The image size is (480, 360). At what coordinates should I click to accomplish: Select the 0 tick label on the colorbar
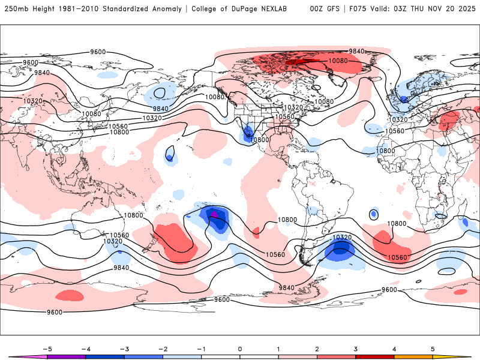point(239,348)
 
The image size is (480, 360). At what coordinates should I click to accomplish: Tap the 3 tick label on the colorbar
point(355,348)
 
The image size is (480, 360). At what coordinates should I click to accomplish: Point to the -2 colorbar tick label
point(163,348)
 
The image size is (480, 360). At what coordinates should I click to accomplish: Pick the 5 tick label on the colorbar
point(432,348)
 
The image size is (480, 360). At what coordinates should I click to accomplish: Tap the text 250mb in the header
point(15,9)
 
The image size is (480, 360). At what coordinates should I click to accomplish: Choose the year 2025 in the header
point(465,9)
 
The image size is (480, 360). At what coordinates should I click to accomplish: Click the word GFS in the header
point(332,9)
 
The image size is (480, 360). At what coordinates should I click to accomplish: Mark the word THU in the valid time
point(414,9)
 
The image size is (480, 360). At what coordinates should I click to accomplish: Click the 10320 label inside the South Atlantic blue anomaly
point(342,238)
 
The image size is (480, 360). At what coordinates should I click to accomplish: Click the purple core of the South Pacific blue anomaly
point(214,214)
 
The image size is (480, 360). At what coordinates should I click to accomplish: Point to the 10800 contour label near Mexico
point(259,139)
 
